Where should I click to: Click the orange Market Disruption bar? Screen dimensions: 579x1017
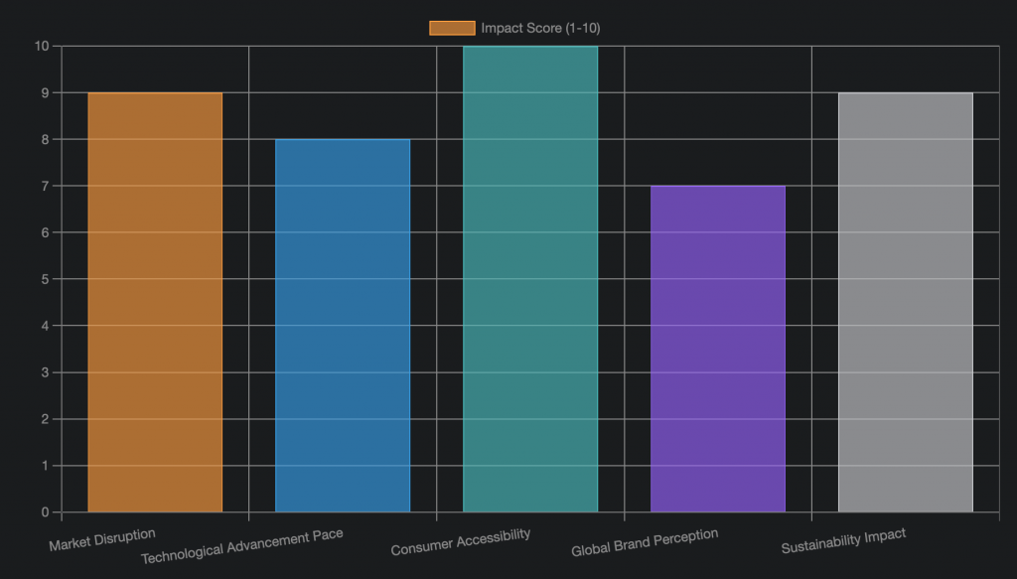point(155,302)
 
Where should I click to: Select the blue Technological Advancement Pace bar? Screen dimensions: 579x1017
point(343,326)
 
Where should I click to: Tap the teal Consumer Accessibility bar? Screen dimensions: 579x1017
point(530,279)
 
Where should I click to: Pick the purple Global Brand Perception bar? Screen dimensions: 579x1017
point(718,349)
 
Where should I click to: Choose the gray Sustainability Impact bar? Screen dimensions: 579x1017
point(906,302)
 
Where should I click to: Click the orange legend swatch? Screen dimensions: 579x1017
point(452,28)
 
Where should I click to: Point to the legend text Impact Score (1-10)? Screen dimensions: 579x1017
point(540,28)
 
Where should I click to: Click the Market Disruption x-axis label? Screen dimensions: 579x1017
point(102,540)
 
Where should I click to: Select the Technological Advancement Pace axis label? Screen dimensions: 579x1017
point(242,545)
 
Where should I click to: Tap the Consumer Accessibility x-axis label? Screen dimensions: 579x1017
point(461,541)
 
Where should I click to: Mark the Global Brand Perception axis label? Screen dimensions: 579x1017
point(645,542)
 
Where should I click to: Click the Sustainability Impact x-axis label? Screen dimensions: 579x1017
point(843,541)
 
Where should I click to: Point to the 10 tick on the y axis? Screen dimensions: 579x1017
point(42,46)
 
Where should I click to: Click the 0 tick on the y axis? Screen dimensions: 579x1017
point(45,512)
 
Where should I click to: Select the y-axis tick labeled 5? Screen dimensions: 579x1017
point(45,279)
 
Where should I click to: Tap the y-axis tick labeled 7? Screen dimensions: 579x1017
point(45,186)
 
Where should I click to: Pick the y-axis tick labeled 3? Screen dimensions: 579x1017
point(45,372)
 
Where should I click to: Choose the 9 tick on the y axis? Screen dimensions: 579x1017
point(45,92)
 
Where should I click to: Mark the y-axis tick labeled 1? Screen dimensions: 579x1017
point(45,466)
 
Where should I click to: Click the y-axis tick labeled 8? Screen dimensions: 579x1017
point(45,139)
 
